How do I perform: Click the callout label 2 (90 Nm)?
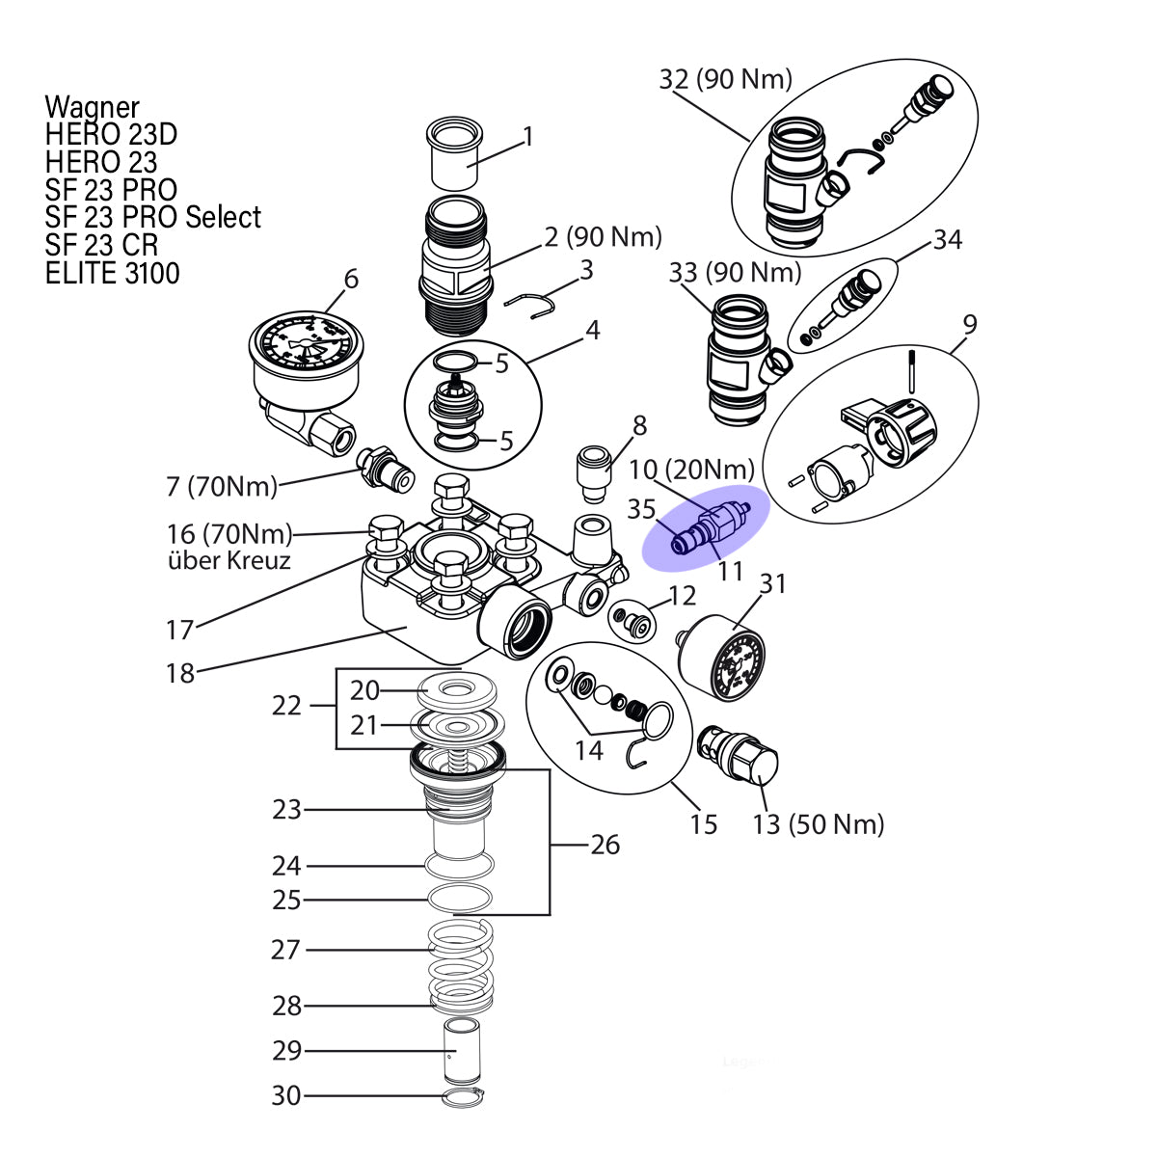pyautogui.click(x=603, y=237)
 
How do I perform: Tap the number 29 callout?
pyautogui.click(x=286, y=1050)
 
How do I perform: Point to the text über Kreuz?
pyautogui.click(x=229, y=560)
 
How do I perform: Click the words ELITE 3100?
pyautogui.click(x=112, y=273)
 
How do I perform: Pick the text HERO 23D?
pyautogui.click(x=111, y=134)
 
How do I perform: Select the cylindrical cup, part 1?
pyautogui.click(x=454, y=153)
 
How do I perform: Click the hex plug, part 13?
pyautogui.click(x=738, y=755)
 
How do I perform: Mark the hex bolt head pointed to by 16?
pyautogui.click(x=386, y=529)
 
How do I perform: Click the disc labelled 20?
pyautogui.click(x=457, y=690)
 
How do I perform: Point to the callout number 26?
pyautogui.click(x=605, y=845)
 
